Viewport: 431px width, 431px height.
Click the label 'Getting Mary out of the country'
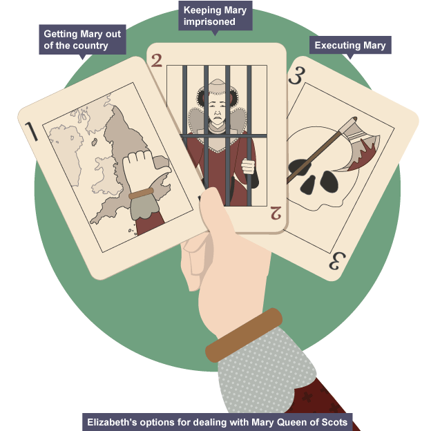click(82, 39)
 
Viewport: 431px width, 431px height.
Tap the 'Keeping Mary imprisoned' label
click(215, 16)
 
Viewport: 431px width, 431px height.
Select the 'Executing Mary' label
click(350, 45)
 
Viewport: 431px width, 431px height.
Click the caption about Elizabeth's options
click(217, 422)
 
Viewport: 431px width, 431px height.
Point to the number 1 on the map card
click(31, 132)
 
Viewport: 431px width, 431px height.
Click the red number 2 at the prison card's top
click(156, 61)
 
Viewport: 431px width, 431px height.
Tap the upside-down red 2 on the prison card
click(276, 213)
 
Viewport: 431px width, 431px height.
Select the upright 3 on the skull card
click(297, 75)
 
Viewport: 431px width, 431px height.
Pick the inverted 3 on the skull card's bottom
click(337, 261)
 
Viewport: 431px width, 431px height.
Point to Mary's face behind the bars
click(217, 108)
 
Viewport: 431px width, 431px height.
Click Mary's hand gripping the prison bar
click(248, 166)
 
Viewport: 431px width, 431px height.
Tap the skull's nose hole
click(309, 184)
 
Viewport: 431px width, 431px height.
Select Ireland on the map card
click(66, 154)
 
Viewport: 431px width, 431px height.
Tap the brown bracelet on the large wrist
click(244, 335)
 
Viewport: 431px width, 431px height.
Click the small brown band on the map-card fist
click(141, 193)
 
